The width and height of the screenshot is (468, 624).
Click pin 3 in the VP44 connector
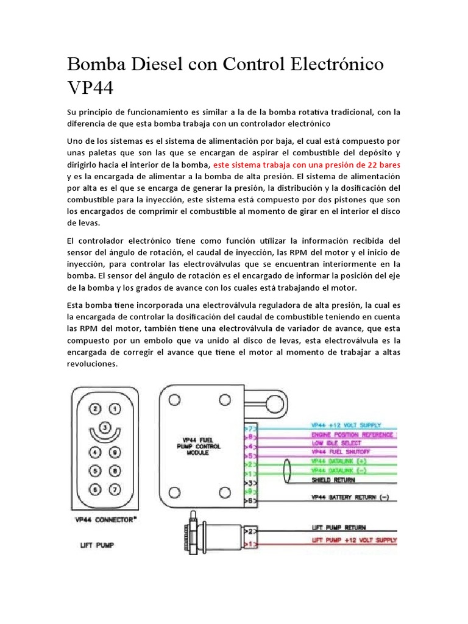pos(104,428)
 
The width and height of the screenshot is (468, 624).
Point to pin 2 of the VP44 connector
pos(94,409)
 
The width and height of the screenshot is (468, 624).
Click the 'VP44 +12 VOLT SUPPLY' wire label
pos(346,425)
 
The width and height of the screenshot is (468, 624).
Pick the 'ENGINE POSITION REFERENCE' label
pos(352,434)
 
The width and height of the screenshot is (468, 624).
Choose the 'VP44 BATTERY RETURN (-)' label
pos(349,498)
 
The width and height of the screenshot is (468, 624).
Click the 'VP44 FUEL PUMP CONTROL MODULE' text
pos(204,446)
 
